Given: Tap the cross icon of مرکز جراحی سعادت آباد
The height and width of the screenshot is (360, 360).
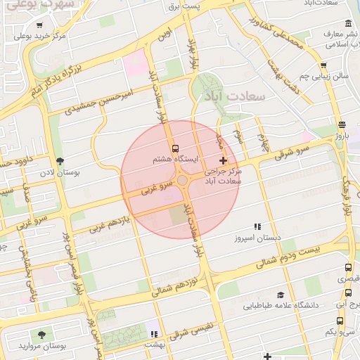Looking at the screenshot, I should tap(224, 161).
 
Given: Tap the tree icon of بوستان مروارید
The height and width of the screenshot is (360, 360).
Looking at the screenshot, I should tap(44, 334).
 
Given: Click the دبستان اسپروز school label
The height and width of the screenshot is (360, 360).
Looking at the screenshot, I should tap(258, 239).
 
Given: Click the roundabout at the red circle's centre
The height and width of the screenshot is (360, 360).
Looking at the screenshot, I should tap(182, 181).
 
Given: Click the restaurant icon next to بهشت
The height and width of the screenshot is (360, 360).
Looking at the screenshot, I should tap(153, 333).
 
